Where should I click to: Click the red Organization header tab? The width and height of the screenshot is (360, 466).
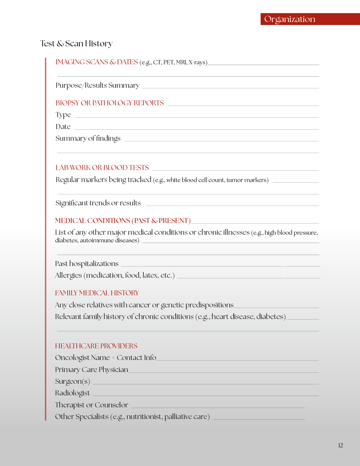tap(310, 19)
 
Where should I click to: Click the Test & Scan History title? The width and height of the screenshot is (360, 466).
tap(76, 44)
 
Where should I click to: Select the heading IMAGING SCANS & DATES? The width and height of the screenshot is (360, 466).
tap(97, 62)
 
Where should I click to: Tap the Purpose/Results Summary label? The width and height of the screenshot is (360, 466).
tap(97, 85)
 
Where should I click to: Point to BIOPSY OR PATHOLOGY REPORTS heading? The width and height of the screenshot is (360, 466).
tap(110, 103)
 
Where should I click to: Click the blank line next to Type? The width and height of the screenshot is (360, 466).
tap(197, 117)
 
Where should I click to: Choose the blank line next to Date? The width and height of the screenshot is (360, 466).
tap(197, 129)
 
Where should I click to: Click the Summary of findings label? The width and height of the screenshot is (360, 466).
tap(88, 138)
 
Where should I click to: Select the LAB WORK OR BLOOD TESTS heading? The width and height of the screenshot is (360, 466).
tap(102, 168)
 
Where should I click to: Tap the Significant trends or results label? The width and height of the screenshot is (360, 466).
tap(98, 203)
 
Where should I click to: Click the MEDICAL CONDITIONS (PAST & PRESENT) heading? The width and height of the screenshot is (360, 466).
tap(123, 221)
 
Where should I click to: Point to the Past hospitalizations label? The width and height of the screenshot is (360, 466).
tap(87, 264)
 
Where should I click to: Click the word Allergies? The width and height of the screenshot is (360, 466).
tap(68, 275)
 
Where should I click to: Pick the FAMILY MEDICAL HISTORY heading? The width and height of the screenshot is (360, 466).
tap(97, 293)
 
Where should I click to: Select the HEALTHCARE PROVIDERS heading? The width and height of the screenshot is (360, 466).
tap(96, 346)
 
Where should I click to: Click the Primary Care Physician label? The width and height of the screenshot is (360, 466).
tap(91, 370)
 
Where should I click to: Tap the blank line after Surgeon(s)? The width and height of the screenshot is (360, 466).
tap(205, 384)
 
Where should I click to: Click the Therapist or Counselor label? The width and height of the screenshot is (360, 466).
tap(91, 405)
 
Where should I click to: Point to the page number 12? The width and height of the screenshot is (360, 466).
tap(340, 445)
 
